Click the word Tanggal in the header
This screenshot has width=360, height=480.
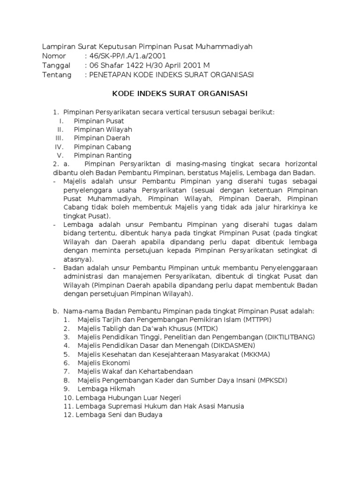pos(56,66)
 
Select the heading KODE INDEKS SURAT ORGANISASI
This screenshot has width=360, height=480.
pos(180,94)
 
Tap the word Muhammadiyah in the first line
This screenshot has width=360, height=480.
pos(226,46)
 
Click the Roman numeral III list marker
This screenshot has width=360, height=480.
pos(59,138)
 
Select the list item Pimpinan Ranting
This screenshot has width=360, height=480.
pos(103,155)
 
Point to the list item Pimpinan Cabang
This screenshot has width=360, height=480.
pos(102,147)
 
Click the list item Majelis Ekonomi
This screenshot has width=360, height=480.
pos(104,363)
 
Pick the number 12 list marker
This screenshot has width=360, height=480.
pos(68,414)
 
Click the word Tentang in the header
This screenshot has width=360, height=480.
pos(57,75)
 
